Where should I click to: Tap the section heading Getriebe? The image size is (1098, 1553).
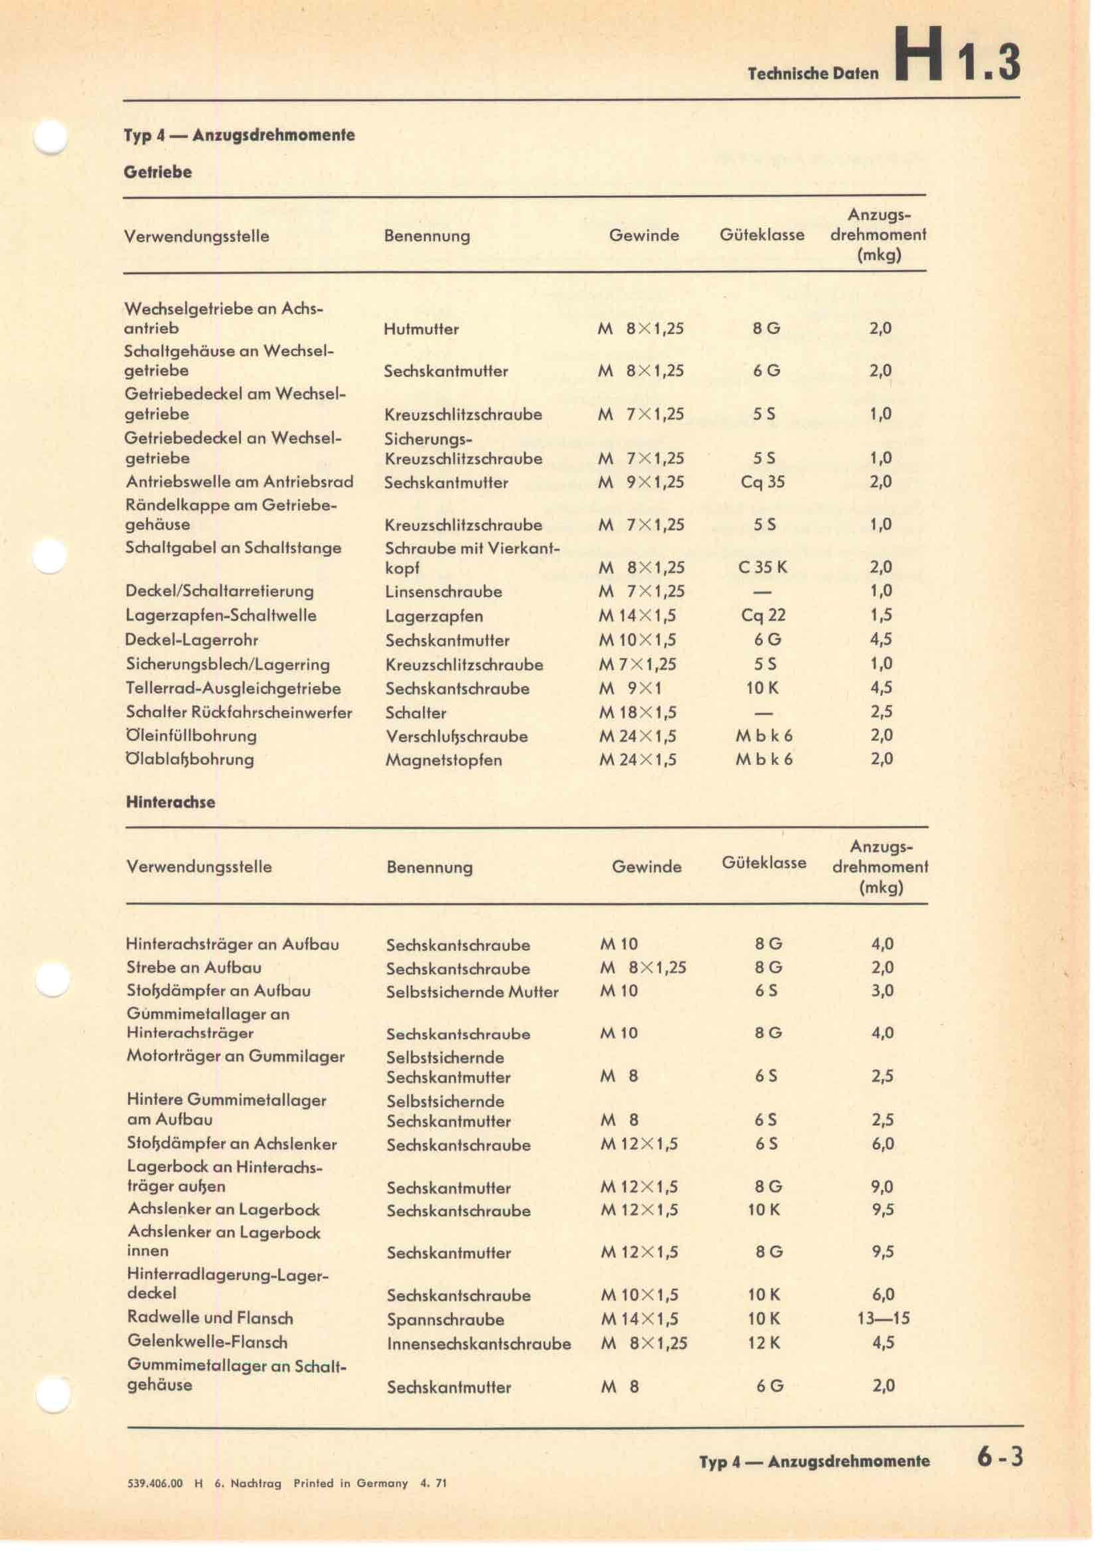click(x=157, y=172)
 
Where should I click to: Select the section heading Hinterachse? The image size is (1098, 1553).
click(x=171, y=802)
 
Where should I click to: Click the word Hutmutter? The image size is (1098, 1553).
click(x=422, y=329)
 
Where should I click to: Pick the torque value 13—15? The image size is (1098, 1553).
click(x=883, y=1319)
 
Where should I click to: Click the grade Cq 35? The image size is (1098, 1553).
click(x=763, y=481)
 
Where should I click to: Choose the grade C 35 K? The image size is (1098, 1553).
click(x=763, y=567)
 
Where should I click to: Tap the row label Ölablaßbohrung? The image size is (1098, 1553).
click(x=190, y=759)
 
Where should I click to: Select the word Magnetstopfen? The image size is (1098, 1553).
click(x=443, y=760)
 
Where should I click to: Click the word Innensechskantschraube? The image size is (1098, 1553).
click(x=479, y=1343)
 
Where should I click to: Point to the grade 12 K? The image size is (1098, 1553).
click(x=764, y=1343)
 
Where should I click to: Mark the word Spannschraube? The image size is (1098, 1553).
click(x=445, y=1320)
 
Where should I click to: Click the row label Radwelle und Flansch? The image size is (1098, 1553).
click(x=210, y=1317)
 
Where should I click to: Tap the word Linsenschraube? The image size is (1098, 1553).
click(x=443, y=592)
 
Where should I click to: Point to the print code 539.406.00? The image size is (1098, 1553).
click(x=155, y=1483)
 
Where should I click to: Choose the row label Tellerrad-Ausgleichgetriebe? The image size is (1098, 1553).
click(x=233, y=689)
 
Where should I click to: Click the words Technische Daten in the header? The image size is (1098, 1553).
click(x=813, y=73)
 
